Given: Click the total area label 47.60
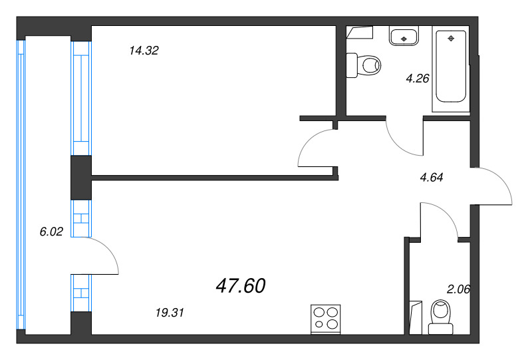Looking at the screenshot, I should [x=241, y=286].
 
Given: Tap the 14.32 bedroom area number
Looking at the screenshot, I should [x=144, y=51].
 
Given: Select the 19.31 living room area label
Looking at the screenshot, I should [x=169, y=311].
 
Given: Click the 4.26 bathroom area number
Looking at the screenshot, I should [x=418, y=78].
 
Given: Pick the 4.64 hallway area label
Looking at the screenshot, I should [x=432, y=177].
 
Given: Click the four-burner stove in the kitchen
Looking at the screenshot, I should [x=326, y=317].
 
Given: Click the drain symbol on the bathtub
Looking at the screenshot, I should [x=452, y=37].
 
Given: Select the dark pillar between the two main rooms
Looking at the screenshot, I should [x=80, y=177].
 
